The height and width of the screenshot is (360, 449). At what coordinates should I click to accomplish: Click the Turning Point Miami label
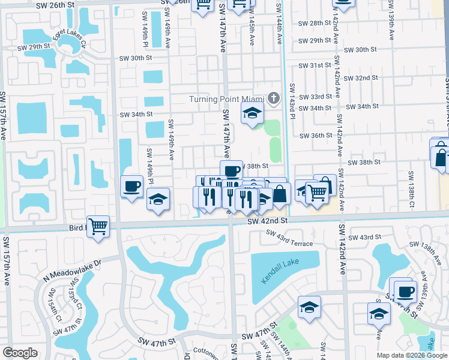(226, 98)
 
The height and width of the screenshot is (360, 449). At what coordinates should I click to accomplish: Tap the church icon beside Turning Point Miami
(273, 98)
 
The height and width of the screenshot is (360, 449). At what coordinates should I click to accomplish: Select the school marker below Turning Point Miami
(253, 113)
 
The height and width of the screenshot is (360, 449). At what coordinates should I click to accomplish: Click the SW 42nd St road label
(268, 221)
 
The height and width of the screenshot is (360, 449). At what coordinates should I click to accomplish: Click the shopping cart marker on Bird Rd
(98, 227)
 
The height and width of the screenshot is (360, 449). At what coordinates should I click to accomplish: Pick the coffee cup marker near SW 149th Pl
(132, 186)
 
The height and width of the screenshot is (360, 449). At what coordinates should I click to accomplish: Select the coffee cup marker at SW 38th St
(231, 172)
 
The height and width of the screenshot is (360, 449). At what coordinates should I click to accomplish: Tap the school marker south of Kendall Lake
(309, 308)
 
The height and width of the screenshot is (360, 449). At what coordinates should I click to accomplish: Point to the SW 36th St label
(316, 136)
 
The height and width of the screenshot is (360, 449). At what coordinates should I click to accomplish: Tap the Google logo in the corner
(20, 353)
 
